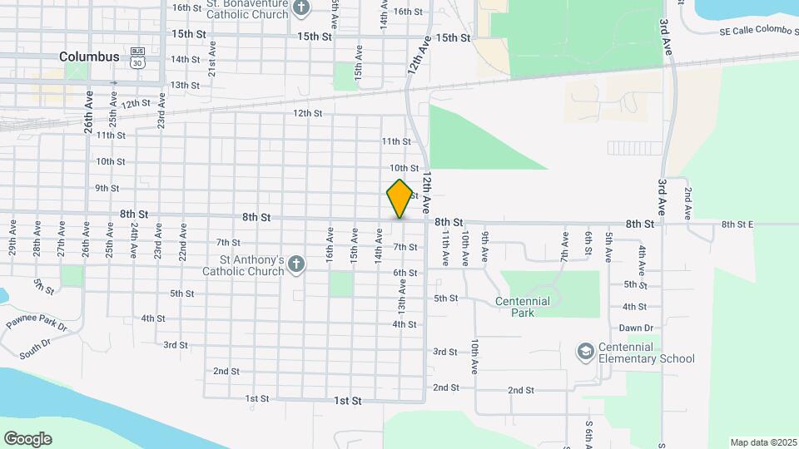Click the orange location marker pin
tap(399, 199)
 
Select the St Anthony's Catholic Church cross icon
tap(297, 264)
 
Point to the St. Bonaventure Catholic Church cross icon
tap(301, 9)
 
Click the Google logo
tap(27, 438)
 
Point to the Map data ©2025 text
tap(762, 442)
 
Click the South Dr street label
tap(36, 348)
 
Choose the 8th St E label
tap(737, 224)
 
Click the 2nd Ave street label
tap(688, 203)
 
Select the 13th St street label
tap(185, 85)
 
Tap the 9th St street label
tap(107, 188)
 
